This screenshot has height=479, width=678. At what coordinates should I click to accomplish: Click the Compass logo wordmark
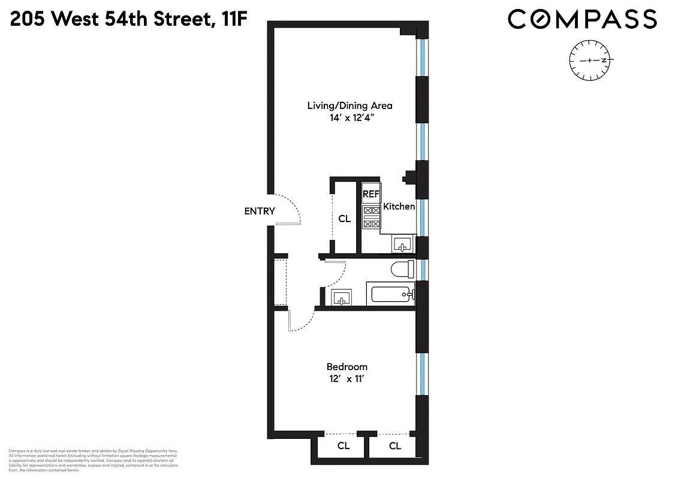tap(582, 20)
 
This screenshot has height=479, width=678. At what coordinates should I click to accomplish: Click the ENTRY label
tap(260, 211)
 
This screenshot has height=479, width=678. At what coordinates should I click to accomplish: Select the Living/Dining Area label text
tap(349, 105)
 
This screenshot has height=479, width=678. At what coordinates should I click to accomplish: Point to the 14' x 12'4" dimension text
tap(349, 118)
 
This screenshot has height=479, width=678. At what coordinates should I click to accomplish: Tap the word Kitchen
tap(399, 207)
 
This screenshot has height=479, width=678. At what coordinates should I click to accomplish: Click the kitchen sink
tap(402, 243)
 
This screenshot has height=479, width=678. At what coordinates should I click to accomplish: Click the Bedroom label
tap(346, 366)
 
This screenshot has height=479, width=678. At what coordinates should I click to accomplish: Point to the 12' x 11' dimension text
tap(346, 379)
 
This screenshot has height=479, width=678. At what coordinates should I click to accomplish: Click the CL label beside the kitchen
tap(344, 219)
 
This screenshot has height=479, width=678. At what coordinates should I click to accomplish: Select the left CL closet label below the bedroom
tap(343, 445)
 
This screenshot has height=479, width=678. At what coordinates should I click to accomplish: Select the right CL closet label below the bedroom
tap(394, 445)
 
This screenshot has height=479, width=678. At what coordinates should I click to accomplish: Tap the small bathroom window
tap(423, 269)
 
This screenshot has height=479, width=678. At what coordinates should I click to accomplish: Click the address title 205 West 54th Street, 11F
tap(129, 20)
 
